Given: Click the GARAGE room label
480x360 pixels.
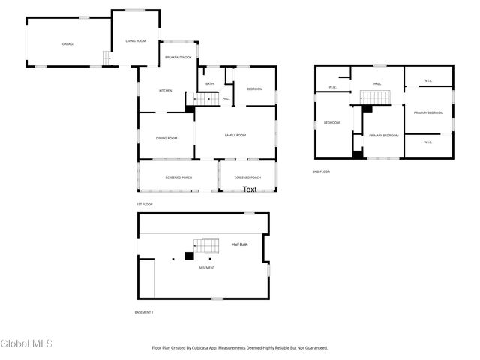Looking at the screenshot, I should coord(67,44).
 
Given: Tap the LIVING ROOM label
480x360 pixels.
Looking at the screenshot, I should coord(136,40).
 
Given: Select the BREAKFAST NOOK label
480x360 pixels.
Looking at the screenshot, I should coord(178,58).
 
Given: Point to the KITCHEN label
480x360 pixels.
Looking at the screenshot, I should coord(165,91).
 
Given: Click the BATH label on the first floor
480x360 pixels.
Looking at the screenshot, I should coord(210,83).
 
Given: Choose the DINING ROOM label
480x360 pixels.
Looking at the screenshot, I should coord(166,138).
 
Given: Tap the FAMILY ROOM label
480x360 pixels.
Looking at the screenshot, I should coord(235,135).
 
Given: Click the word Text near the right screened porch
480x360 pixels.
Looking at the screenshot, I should coord(250,190).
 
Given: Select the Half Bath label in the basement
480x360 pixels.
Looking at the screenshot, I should coord(240,244).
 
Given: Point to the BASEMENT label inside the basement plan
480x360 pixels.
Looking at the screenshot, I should coord(206,268).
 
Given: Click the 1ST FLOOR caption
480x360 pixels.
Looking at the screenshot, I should coord(145,205).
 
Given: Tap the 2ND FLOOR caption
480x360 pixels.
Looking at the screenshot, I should coord(321,172).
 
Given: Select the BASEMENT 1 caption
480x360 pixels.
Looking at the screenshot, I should coord(143,312).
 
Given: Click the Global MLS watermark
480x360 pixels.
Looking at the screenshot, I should coord(26,344).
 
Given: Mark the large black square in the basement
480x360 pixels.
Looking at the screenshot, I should coord(189,256).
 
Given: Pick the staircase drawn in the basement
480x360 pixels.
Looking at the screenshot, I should coord(206,246).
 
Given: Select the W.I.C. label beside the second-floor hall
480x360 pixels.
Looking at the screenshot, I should coord(333,87).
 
